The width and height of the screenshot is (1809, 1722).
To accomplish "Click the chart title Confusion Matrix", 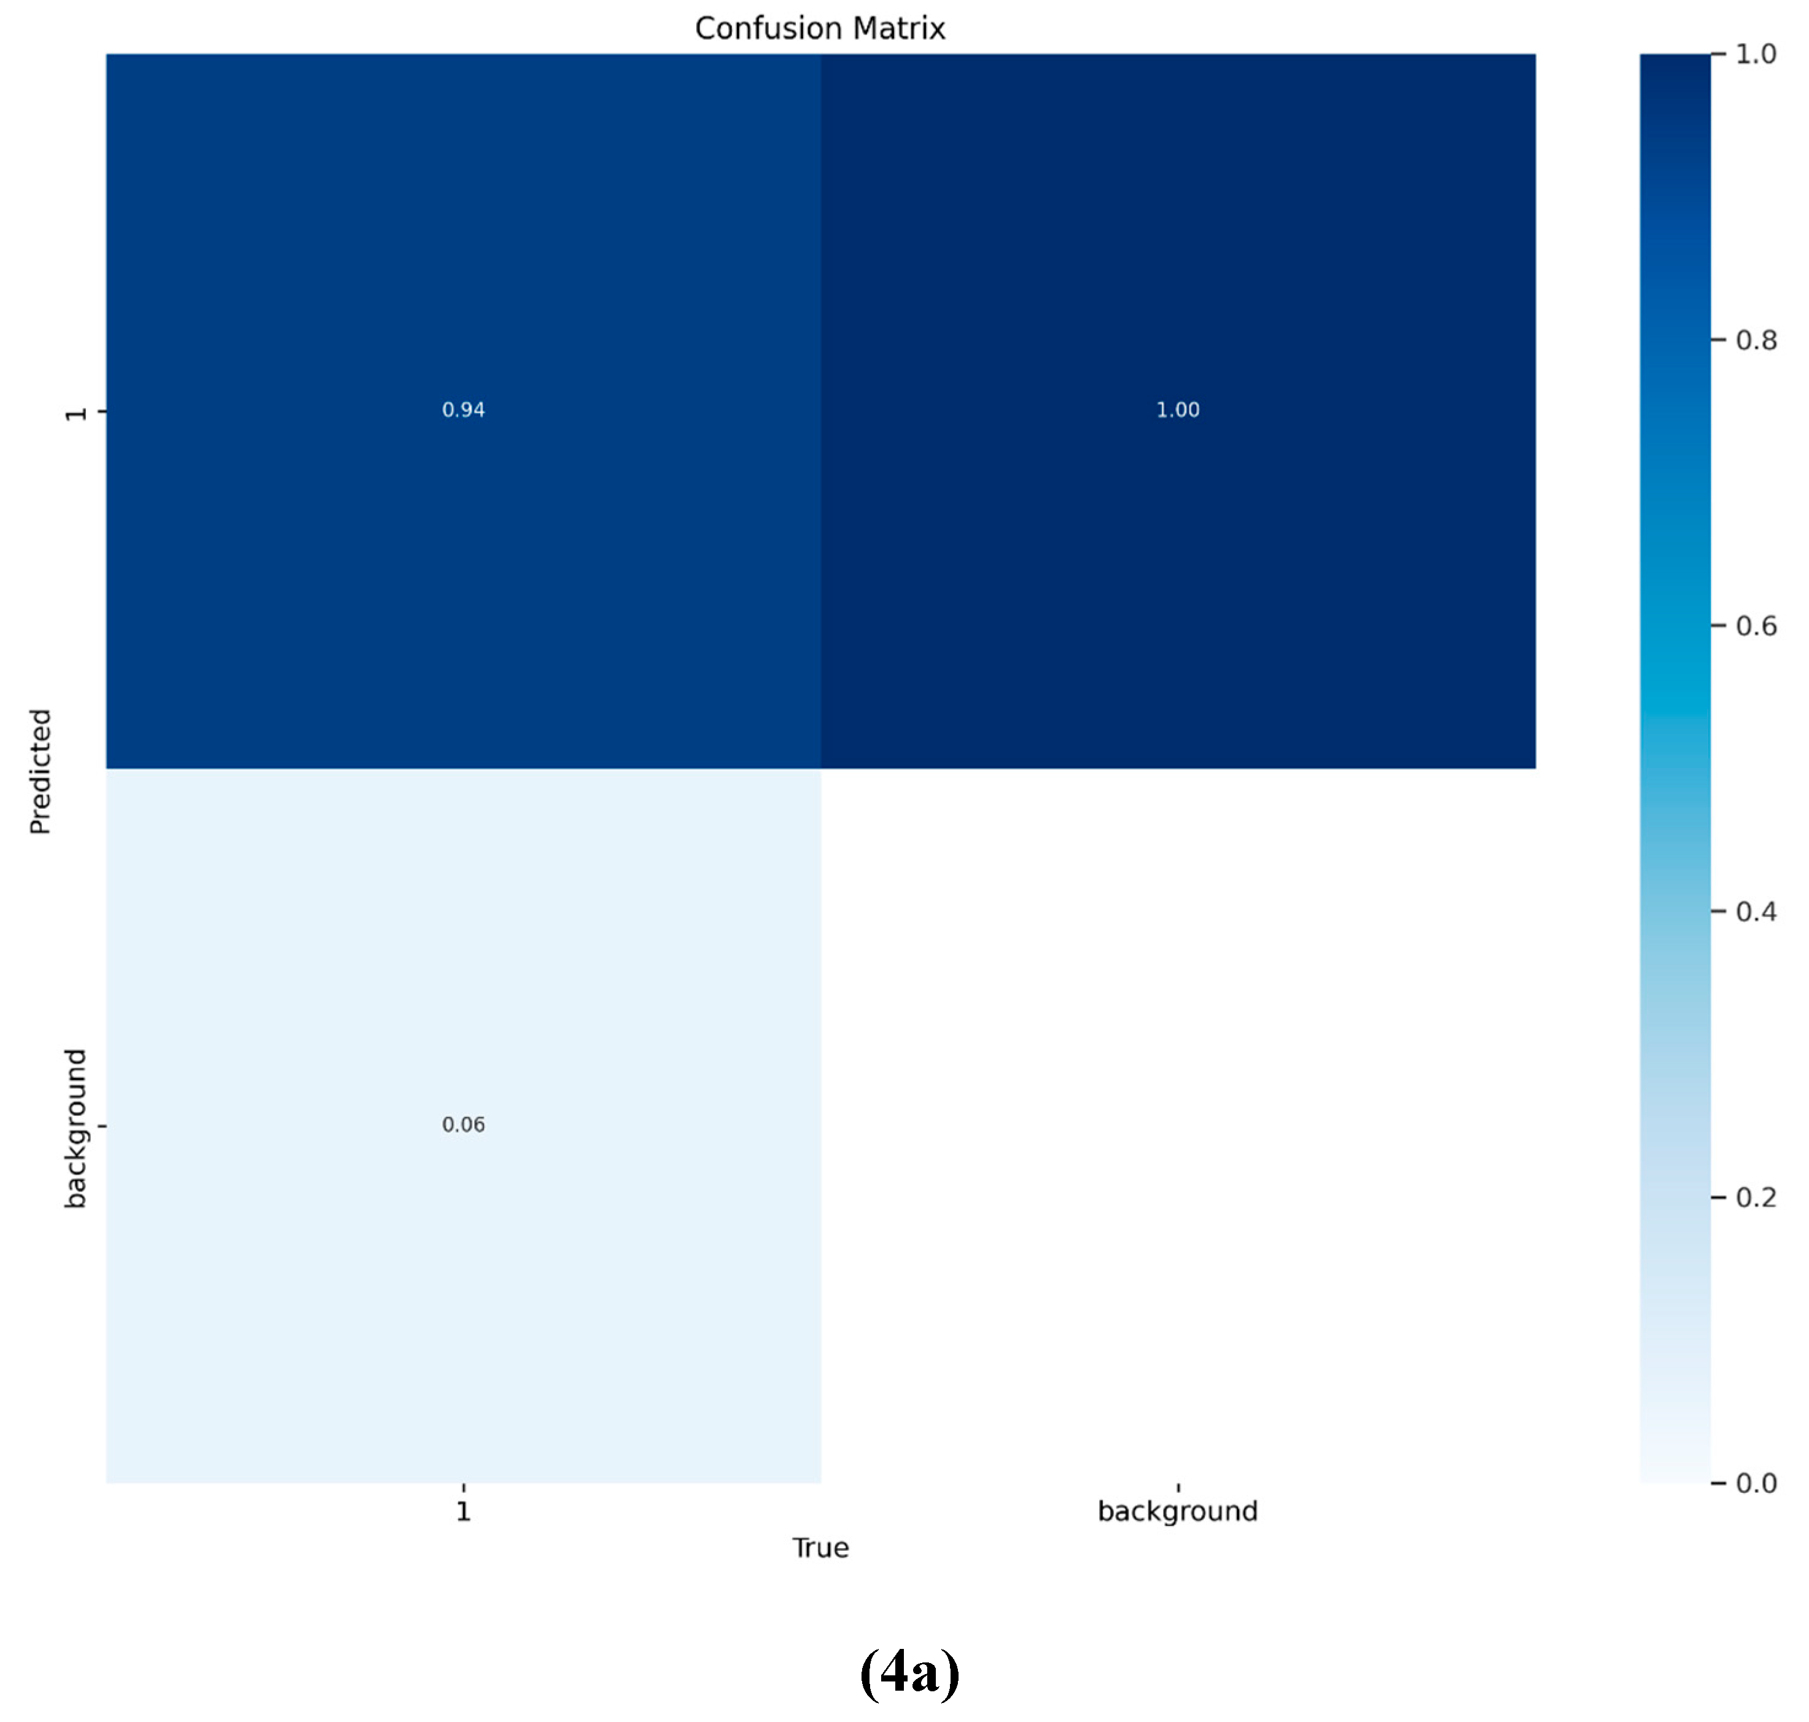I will click(x=820, y=28).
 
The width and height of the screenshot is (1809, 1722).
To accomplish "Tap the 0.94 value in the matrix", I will click(x=464, y=410).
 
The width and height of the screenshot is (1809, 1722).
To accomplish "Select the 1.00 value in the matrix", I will click(x=1178, y=410).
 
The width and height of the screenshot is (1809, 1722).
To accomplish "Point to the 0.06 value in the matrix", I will click(x=464, y=1124).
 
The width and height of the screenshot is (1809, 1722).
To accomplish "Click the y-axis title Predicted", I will click(x=39, y=771).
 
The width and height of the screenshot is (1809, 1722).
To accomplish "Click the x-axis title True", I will click(x=820, y=1548).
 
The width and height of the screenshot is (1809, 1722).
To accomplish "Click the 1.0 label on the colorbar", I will click(x=1756, y=54).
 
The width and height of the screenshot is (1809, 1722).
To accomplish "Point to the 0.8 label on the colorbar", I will click(x=1756, y=341).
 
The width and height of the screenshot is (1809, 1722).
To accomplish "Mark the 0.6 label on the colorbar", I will click(x=1756, y=626).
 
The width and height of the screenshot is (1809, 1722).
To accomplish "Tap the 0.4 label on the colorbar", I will click(x=1756, y=911).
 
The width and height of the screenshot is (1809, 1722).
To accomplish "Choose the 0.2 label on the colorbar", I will click(x=1756, y=1197).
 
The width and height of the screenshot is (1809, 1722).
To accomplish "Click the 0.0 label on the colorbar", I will click(x=1756, y=1483).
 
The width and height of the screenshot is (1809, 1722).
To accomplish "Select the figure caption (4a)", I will click(x=909, y=1672).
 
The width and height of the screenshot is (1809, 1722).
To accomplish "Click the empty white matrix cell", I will click(x=1178, y=1124).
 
